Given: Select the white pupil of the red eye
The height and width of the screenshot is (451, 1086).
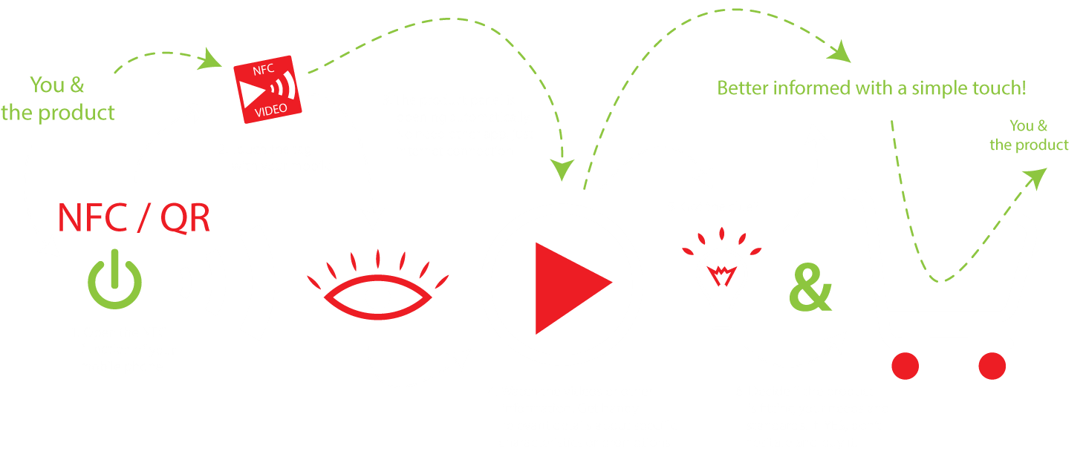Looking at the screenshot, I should point(378,297).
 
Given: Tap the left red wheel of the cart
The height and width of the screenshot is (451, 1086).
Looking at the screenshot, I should point(905,364).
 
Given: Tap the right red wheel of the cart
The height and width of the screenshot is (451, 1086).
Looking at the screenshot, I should point(991,364).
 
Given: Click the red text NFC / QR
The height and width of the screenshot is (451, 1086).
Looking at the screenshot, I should point(134,219).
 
